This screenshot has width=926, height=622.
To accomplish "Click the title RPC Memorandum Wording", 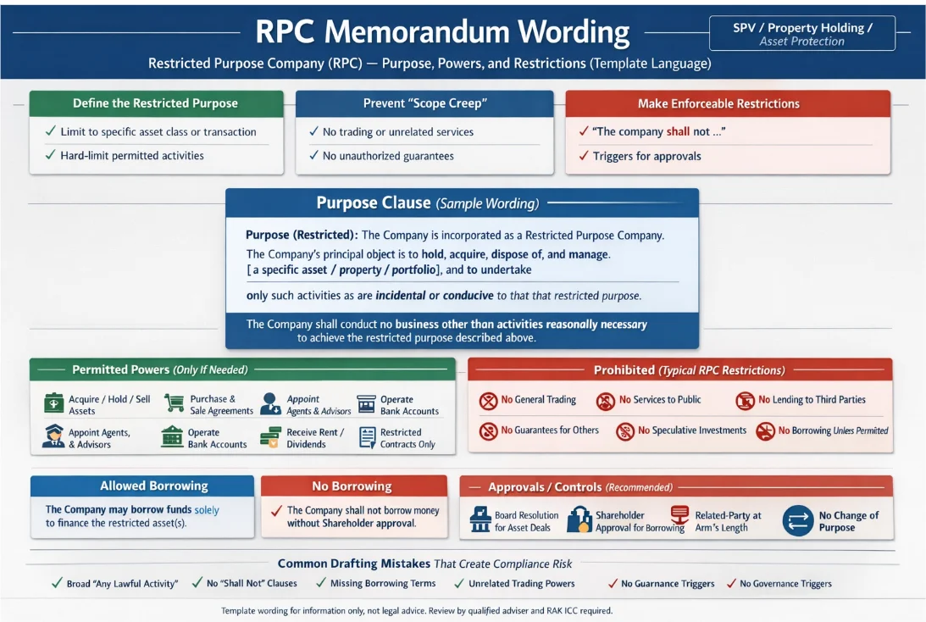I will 442,32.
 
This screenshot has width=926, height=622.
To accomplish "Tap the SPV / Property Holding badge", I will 801,34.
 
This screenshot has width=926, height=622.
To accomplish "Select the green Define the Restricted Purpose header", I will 155,103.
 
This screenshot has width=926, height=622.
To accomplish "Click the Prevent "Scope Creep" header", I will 424,103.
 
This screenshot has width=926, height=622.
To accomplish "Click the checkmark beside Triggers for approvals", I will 583,156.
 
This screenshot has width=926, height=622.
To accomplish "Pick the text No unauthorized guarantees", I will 388,156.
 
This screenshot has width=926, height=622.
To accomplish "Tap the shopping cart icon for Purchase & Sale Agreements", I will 175,403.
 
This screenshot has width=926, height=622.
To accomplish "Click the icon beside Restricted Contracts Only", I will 367,437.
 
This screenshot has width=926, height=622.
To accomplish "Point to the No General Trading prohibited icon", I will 488,400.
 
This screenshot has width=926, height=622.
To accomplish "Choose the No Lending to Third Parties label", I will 812,400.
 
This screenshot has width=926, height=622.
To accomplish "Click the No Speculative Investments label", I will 692,430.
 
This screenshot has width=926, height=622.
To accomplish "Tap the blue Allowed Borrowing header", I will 142,486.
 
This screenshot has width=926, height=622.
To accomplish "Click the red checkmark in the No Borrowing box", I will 275,510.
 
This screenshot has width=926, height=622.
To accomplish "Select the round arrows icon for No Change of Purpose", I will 798,520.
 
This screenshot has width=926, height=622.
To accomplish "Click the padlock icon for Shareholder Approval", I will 579,520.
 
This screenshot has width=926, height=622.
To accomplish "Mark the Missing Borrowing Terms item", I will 383,583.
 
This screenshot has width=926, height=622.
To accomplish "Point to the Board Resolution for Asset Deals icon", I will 480,519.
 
